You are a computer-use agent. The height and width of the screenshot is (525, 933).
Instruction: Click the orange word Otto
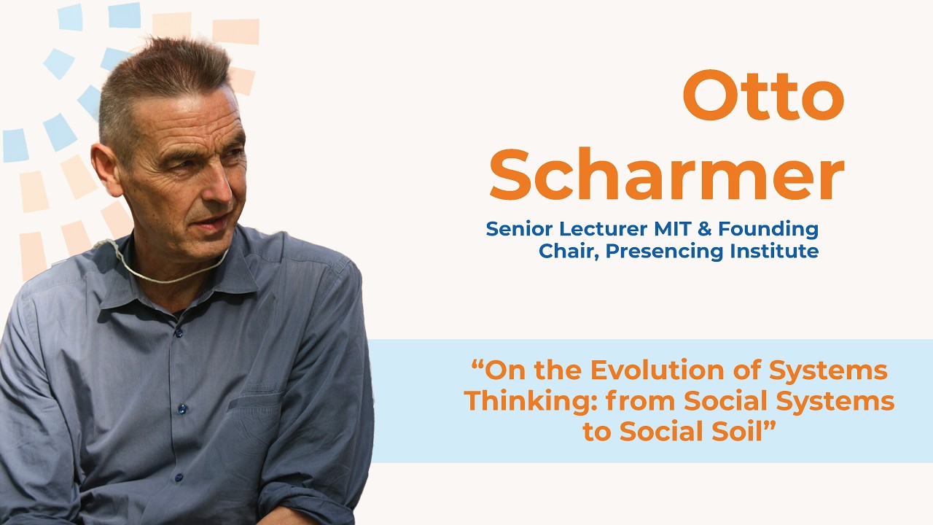762,97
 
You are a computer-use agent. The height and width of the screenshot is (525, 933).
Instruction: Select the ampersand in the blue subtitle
704,229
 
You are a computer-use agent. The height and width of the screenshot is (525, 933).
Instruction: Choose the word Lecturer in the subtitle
597,229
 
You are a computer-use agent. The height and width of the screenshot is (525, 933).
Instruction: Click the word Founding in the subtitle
768,229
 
